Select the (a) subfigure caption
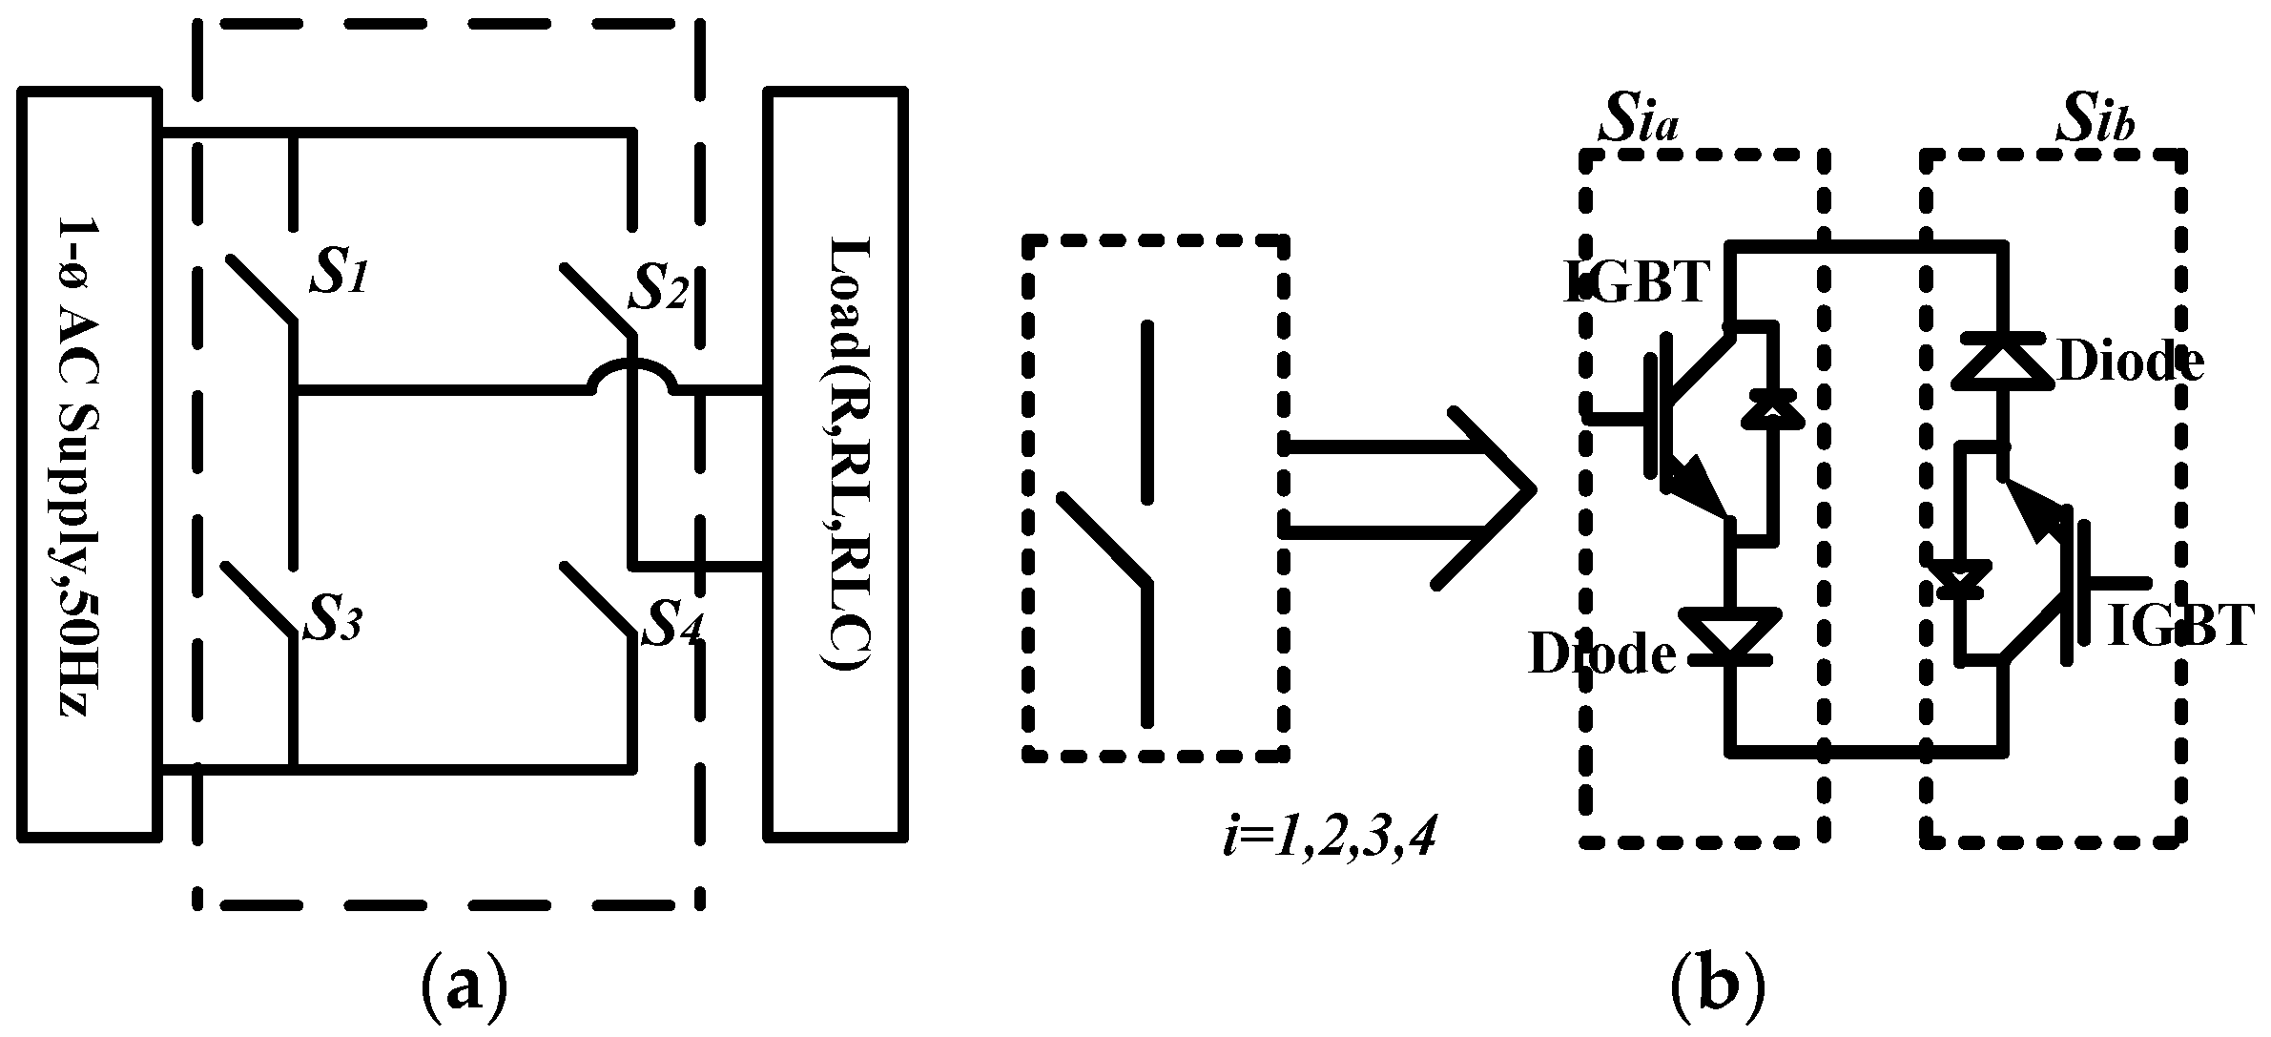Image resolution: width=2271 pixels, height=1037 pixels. tap(462, 989)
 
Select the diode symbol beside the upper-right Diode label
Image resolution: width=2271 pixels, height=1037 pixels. tap(2001, 362)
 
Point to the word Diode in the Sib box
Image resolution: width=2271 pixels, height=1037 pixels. tap(2129, 363)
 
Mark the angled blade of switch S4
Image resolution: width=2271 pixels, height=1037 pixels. tap(597, 598)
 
